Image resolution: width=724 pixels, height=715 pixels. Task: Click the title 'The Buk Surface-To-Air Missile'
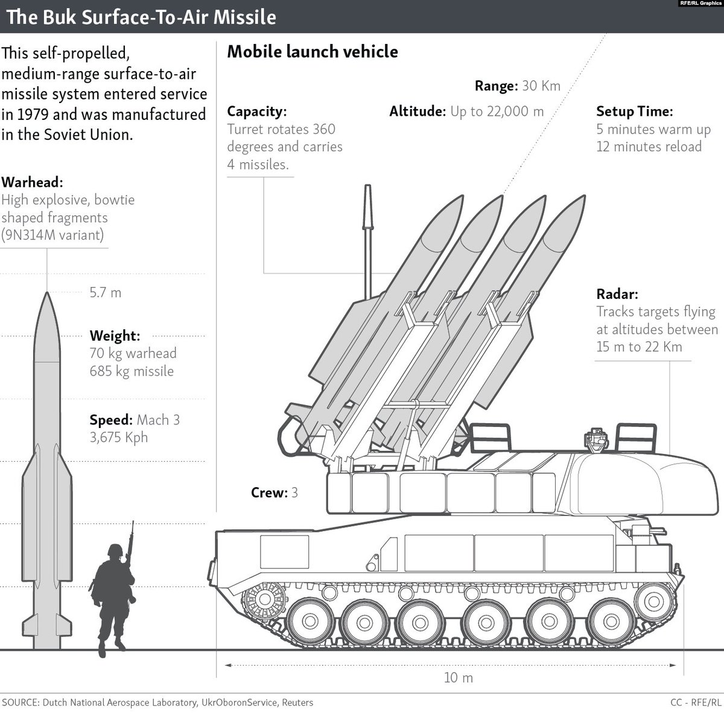(x=141, y=17)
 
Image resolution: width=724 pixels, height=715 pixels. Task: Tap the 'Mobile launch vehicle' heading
(x=312, y=52)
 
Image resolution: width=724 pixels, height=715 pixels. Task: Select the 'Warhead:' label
(x=32, y=182)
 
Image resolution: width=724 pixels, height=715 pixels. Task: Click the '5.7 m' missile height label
(x=105, y=293)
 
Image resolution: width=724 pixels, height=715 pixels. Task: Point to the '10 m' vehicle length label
(x=459, y=678)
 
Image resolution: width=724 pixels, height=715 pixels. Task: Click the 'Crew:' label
(x=269, y=493)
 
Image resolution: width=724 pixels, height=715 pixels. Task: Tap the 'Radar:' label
(x=617, y=294)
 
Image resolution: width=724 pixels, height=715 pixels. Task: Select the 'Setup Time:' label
(x=634, y=112)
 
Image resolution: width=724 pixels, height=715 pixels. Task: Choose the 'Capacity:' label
(x=256, y=112)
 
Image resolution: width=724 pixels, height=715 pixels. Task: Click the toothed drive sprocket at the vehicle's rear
(x=261, y=599)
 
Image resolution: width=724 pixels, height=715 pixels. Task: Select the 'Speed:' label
(x=111, y=420)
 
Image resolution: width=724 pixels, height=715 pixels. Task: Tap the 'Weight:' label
(x=115, y=336)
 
